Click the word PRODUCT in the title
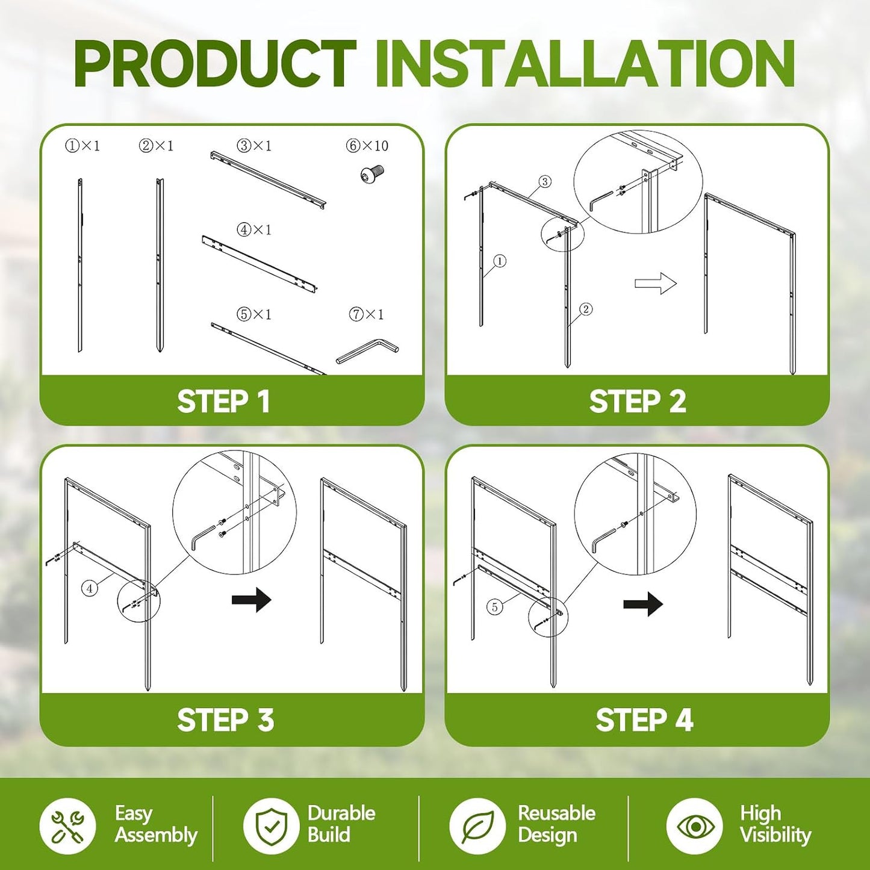tap(216, 63)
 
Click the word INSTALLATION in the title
tap(586, 63)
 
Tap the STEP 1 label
tap(223, 401)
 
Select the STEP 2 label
tap(638, 401)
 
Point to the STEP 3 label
tap(225, 719)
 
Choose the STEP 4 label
tap(644, 719)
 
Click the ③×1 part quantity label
tap(254, 146)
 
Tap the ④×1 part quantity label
tap(254, 230)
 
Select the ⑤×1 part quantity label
tap(254, 314)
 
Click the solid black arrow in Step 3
tap(252, 600)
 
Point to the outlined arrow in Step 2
tap(656, 284)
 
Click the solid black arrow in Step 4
tap(643, 604)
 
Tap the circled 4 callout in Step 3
tap(90, 589)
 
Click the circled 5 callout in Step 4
tap(495, 607)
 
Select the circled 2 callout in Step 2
tap(586, 309)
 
